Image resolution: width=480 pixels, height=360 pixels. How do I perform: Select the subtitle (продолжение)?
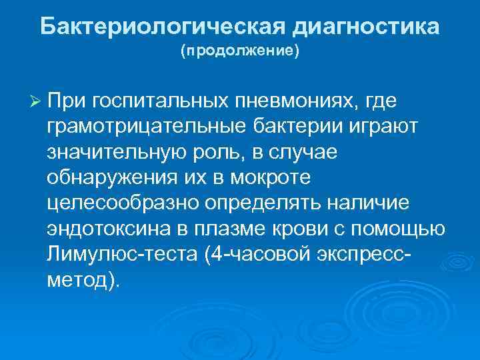(x=240, y=51)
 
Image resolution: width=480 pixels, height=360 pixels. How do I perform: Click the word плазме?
(x=225, y=229)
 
